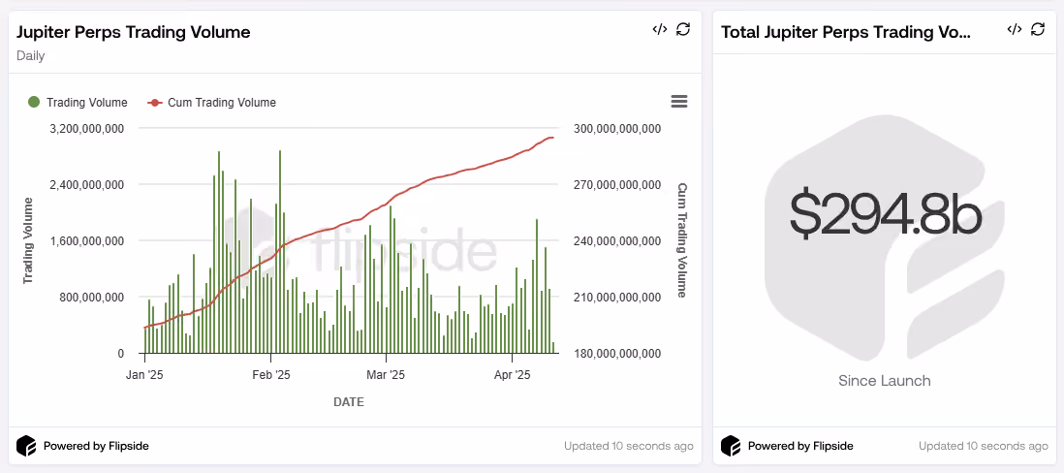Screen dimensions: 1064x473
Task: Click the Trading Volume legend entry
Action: [x=78, y=103]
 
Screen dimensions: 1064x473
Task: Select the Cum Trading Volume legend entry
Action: [x=211, y=103]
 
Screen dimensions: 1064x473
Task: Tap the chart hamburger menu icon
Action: [x=679, y=102]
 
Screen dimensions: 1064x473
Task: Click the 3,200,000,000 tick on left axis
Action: [x=87, y=128]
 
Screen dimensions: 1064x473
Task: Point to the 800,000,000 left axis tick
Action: [x=92, y=298]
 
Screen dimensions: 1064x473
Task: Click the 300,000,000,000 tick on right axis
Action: [x=617, y=128]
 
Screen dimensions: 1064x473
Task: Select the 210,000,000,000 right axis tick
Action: [x=617, y=298]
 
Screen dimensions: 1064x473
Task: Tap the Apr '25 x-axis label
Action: [x=513, y=374]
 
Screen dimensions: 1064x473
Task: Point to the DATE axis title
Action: [x=349, y=402]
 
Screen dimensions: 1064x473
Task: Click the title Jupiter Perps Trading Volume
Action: [x=134, y=32]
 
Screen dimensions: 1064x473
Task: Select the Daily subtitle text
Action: [x=31, y=55]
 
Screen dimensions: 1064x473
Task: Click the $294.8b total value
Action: [x=886, y=211]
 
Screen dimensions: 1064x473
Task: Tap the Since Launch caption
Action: [x=884, y=381]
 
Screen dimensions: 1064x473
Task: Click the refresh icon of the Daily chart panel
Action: [x=683, y=29]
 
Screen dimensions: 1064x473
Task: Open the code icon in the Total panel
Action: [x=1015, y=29]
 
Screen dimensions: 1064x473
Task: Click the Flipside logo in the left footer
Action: [x=26, y=446]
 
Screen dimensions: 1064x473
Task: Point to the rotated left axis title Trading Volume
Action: [x=28, y=240]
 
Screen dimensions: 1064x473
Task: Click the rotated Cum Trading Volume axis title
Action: [x=682, y=240]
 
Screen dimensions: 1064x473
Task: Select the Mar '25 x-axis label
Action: [x=386, y=374]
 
